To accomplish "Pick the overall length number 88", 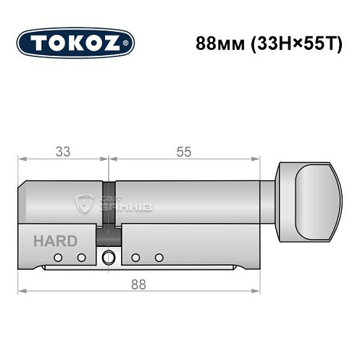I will pos(139,285).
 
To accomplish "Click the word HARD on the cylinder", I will pos(49,241).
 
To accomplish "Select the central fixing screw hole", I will pos(109,256).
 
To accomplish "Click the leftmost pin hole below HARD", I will pos(63,258).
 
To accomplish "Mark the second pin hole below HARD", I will pos(82,258).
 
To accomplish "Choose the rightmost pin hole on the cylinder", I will pos(159,258).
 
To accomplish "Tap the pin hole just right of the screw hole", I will pos(135,258).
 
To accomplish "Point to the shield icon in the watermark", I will pos(84,203).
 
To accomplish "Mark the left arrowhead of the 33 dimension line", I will pos(22,159).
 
